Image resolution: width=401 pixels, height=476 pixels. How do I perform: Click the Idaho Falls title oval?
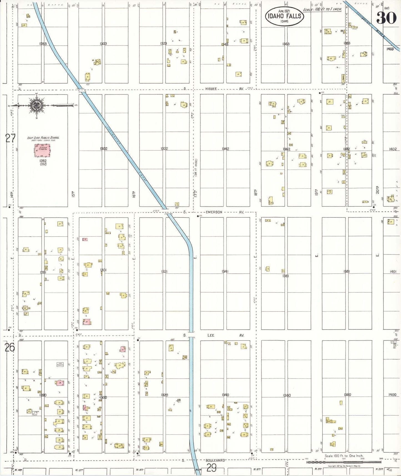click(x=284, y=16)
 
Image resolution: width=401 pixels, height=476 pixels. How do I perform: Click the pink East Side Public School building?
click(x=42, y=151)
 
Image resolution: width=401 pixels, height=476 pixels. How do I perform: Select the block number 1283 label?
click(x=43, y=44)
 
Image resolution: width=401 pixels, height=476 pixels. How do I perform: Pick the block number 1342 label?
click(x=225, y=149)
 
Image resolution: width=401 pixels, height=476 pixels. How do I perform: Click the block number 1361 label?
click(x=286, y=276)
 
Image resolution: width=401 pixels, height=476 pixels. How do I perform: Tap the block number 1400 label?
click(x=392, y=394)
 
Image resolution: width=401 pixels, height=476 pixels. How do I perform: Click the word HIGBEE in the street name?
click(x=211, y=89)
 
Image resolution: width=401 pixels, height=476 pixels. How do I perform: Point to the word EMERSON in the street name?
click(x=214, y=212)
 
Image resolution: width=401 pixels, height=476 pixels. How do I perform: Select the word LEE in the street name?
click(x=211, y=335)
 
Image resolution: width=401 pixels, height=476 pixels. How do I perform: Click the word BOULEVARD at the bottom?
click(x=215, y=460)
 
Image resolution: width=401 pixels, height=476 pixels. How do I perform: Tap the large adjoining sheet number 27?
click(x=10, y=138)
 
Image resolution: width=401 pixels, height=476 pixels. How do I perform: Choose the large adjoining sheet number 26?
click(x=10, y=347)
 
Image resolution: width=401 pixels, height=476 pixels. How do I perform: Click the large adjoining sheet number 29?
click(x=211, y=469)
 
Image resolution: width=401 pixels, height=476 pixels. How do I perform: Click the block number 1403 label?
click(x=390, y=49)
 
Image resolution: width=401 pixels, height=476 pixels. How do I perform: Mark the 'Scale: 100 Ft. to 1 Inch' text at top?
click(x=322, y=9)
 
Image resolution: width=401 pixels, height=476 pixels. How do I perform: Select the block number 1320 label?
click(x=164, y=395)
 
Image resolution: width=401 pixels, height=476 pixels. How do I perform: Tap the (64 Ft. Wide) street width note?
click(x=196, y=167)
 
